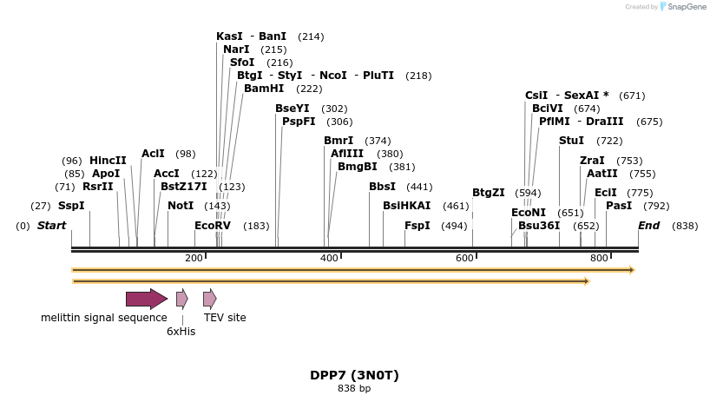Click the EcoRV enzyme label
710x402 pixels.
point(213,226)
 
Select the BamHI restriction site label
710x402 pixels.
point(264,89)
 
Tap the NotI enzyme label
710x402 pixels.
point(181,206)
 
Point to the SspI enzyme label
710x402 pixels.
point(71,206)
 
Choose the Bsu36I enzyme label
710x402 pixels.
point(539,226)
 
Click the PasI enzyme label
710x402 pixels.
point(619,206)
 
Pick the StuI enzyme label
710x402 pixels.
point(571,141)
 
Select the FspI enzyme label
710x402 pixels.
point(417,226)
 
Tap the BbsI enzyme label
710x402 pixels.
point(382,187)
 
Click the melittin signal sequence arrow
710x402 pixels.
point(146,300)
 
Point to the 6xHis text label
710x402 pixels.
point(181,331)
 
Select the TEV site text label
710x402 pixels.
point(225,318)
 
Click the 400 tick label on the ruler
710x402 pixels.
point(329,258)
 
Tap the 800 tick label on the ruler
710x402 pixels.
point(598,258)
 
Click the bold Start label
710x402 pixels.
point(51,226)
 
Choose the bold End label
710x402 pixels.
point(648,226)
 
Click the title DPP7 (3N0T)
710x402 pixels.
point(354,376)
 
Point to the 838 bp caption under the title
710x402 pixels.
point(354,388)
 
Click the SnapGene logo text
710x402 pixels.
point(686,7)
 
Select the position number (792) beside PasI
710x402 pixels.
point(656,206)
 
